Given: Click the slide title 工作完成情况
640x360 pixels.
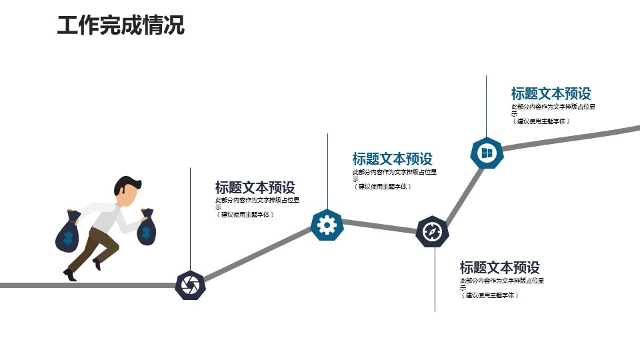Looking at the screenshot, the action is (121, 25).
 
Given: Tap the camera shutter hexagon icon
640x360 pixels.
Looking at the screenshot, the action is (190, 285).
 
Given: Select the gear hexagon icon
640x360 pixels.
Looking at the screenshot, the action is (327, 225).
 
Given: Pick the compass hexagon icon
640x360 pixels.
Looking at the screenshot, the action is (432, 231).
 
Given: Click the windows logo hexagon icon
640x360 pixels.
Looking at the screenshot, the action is (487, 153).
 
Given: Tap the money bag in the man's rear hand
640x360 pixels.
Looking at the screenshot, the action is (67, 231).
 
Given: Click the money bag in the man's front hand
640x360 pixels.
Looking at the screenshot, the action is (147, 227).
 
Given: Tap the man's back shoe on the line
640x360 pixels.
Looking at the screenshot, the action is (70, 275).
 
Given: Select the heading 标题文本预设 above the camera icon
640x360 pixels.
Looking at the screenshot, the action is (255, 187).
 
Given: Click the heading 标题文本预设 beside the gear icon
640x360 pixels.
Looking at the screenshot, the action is (392, 159).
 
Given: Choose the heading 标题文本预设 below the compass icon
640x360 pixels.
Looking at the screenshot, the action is (499, 267).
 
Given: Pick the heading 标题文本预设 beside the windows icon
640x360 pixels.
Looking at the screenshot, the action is (551, 93).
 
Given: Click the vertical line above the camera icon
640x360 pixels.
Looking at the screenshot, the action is (190, 219).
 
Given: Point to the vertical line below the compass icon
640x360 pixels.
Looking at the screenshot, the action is (435, 279).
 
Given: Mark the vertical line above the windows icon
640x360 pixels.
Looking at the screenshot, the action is (486, 107).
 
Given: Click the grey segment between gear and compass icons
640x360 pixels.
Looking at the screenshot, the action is (379, 227).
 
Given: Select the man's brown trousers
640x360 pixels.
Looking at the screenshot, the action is (96, 247).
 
